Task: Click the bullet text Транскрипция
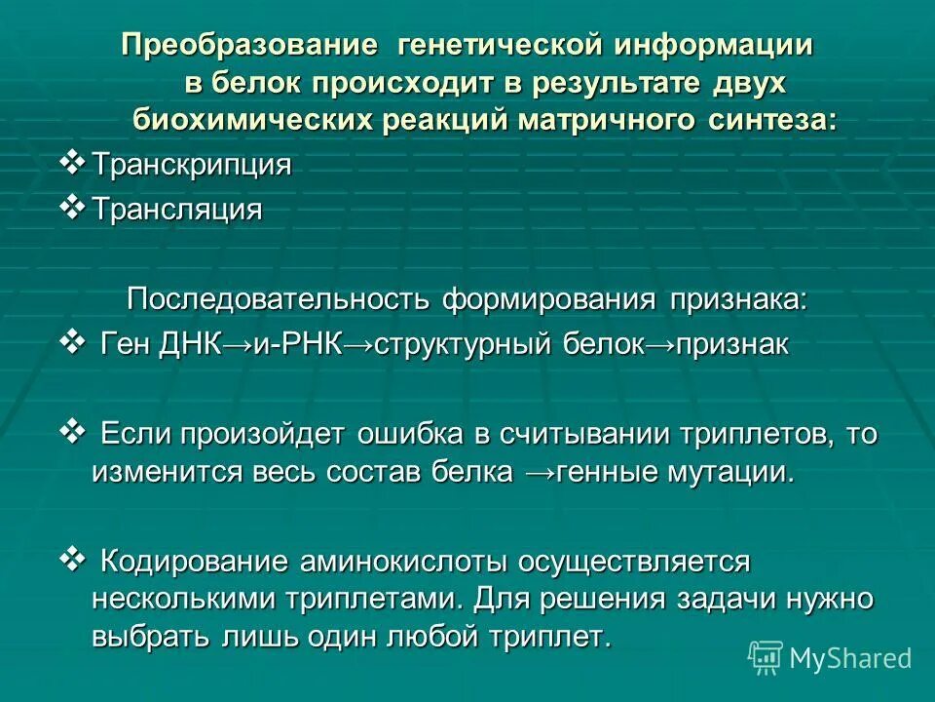[192, 165]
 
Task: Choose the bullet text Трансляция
[177, 210]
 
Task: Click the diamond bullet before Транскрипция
[73, 161]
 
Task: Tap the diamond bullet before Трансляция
[73, 206]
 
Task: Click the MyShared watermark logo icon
[766, 657]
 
